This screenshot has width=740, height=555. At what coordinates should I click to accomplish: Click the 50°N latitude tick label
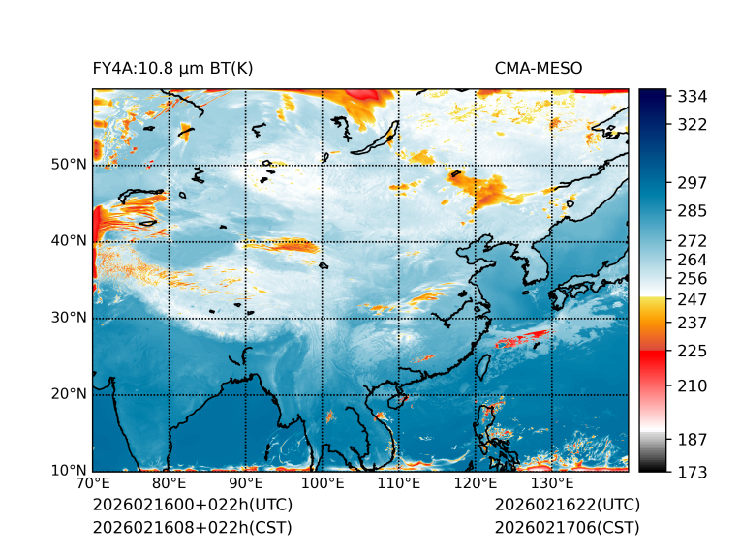[x=69, y=165]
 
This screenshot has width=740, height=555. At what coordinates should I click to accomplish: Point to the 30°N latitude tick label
[x=69, y=318]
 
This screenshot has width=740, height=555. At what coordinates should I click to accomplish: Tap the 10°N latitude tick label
[x=69, y=472]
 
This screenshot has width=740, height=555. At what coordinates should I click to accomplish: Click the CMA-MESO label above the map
[x=538, y=69]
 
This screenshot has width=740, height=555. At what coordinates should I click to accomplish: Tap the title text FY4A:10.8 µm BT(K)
[x=173, y=69]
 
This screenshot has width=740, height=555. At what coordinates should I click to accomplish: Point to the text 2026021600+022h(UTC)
[x=192, y=506]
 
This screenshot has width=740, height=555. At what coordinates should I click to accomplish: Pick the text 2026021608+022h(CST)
[x=192, y=528]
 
